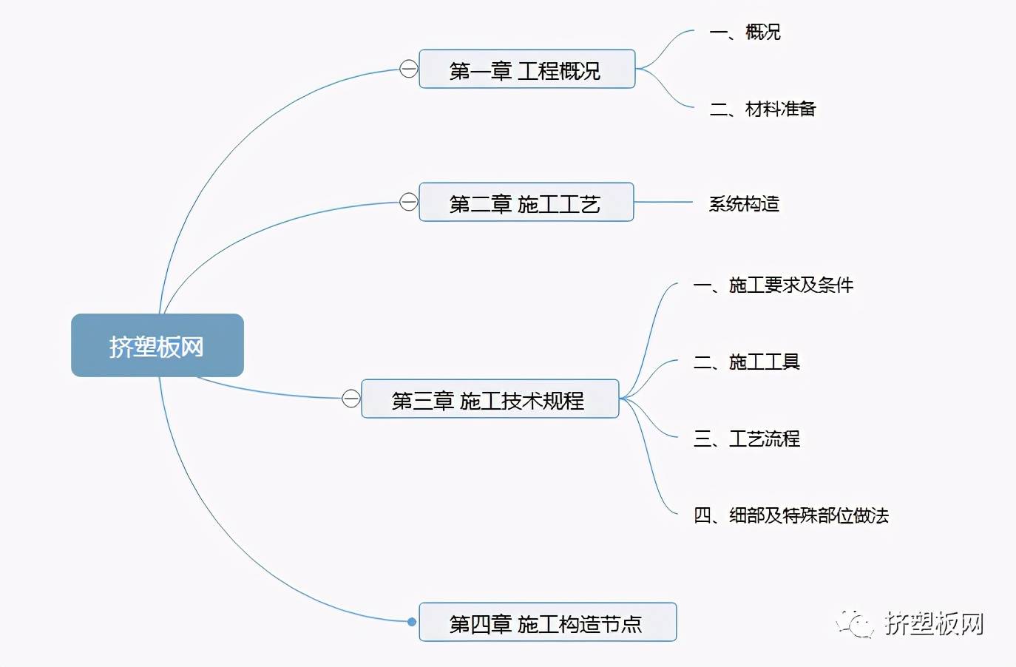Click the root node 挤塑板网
click(x=157, y=345)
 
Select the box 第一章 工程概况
click(x=526, y=70)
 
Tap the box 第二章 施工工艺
click(x=526, y=203)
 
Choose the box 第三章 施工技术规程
click(x=490, y=399)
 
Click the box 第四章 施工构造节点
click(x=547, y=622)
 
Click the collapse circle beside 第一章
click(x=409, y=69)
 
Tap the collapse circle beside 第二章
click(x=409, y=202)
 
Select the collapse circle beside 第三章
click(x=351, y=399)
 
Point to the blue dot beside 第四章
click(x=412, y=622)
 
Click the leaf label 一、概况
click(x=745, y=32)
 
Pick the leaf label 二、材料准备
click(x=762, y=109)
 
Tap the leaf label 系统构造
click(x=744, y=203)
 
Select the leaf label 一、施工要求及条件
click(x=773, y=285)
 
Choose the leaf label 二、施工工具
click(x=746, y=362)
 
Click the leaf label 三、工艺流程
click(x=746, y=439)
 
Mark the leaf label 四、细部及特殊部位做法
click(x=790, y=515)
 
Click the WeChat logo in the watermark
click(x=855, y=624)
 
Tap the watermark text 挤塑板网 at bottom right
click(x=935, y=624)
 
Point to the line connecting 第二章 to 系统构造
click(x=663, y=202)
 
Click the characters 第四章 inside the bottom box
click(x=480, y=623)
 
